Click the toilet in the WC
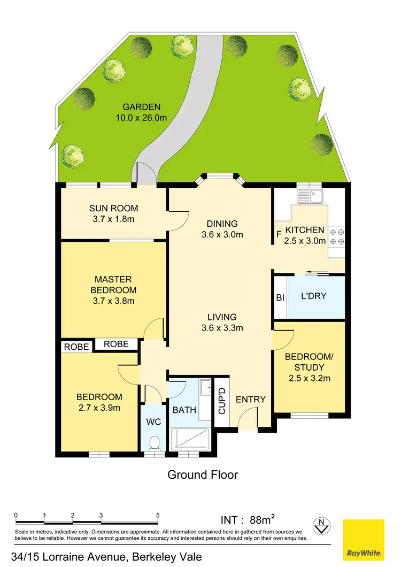pyautogui.click(x=155, y=443)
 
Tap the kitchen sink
pyautogui.click(x=317, y=196)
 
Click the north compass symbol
pyautogui.click(x=322, y=526)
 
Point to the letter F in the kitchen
pyautogui.click(x=279, y=234)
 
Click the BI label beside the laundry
pyautogui.click(x=280, y=298)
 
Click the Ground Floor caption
pyautogui.click(x=203, y=474)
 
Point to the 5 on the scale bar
pyautogui.click(x=158, y=516)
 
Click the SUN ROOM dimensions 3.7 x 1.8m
pyautogui.click(x=113, y=219)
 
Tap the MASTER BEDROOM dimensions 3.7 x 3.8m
pyautogui.click(x=113, y=301)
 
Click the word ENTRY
pyautogui.click(x=250, y=399)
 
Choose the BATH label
pyautogui.click(x=184, y=410)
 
